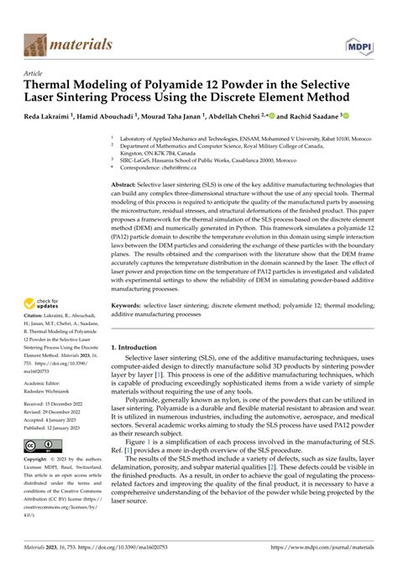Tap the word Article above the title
click(x=34, y=74)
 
